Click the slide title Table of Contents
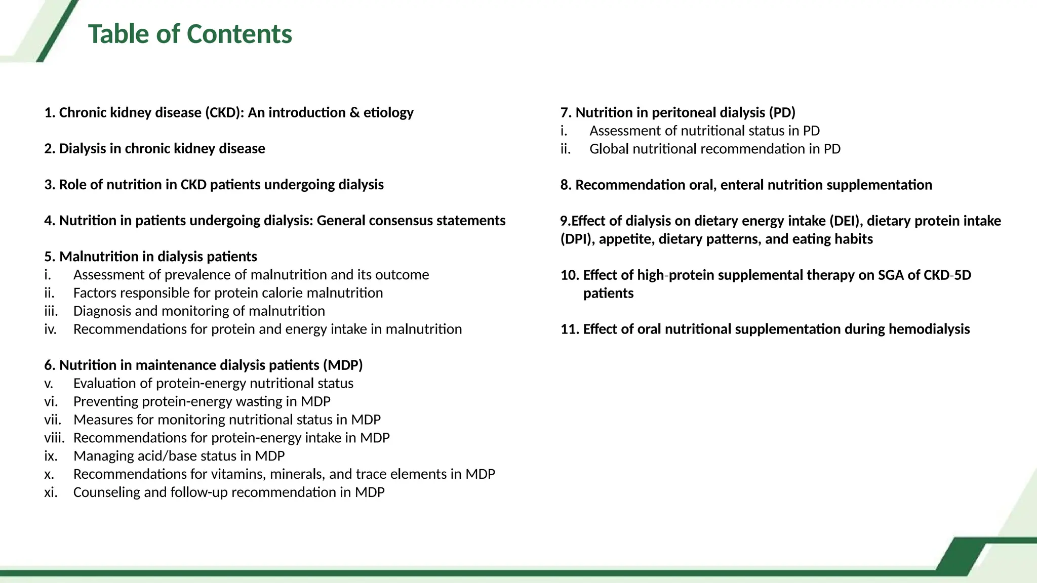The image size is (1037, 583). click(190, 34)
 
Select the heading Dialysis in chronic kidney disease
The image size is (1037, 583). click(162, 149)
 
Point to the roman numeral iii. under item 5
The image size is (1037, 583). click(51, 311)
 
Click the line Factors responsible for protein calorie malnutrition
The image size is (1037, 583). click(228, 293)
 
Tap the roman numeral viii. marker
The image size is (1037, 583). click(54, 438)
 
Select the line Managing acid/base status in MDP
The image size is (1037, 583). click(179, 456)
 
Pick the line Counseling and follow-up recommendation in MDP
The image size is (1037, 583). click(229, 492)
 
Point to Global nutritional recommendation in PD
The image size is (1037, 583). click(715, 149)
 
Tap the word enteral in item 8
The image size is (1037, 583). click(742, 185)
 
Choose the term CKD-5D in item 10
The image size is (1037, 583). click(947, 275)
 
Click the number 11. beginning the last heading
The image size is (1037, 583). click(570, 329)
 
